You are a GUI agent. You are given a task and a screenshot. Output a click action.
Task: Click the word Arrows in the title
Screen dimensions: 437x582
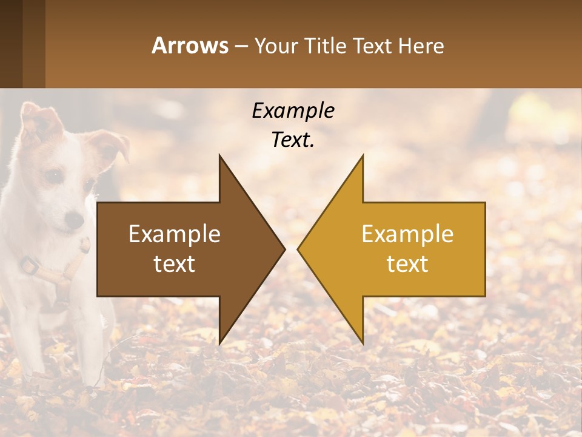coord(190,46)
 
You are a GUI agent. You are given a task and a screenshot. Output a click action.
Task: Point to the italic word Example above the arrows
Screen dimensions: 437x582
coord(293,110)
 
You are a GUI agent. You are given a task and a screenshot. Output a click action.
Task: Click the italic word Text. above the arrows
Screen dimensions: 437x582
coord(293,140)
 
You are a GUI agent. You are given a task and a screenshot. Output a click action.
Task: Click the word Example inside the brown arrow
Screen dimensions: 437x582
coord(175,234)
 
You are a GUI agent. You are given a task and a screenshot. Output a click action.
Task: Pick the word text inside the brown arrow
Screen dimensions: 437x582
coord(175,264)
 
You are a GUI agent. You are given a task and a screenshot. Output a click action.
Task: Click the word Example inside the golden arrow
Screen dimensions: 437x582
coord(407,234)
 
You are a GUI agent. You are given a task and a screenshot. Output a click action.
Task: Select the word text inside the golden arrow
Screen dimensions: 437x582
coord(407,264)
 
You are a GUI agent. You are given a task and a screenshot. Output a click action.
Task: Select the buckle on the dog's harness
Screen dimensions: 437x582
coord(28,265)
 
